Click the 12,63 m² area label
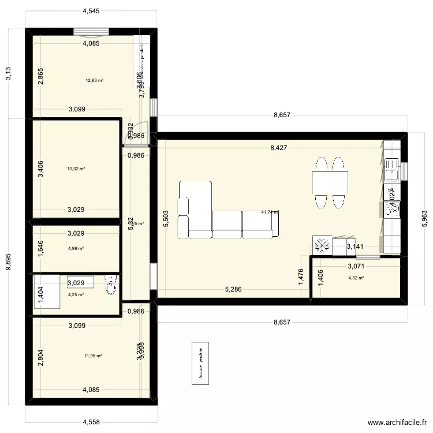[95, 80]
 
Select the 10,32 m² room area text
[76, 169]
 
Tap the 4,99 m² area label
[76, 249]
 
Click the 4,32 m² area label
[356, 278]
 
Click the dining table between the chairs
[331, 182]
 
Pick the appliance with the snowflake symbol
[322, 245]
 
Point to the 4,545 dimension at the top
[91, 10]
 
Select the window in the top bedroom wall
[91, 32]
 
